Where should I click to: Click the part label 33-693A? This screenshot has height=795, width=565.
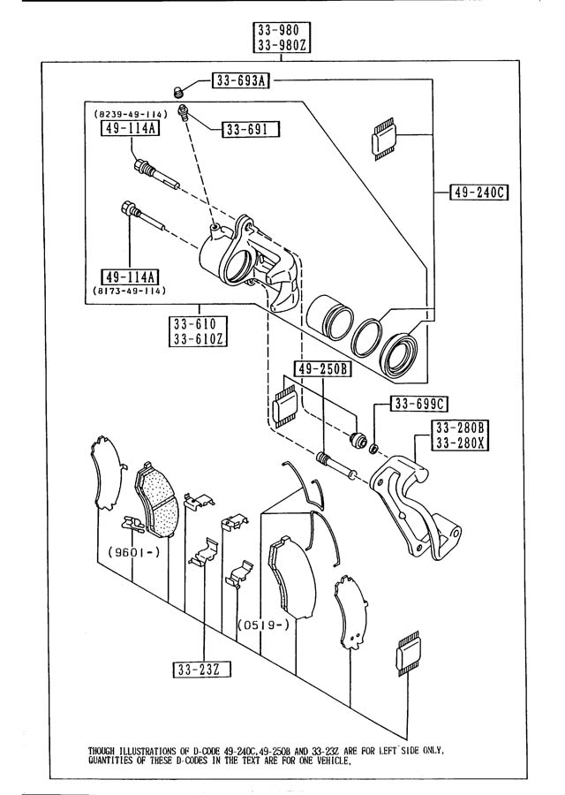pos(241,80)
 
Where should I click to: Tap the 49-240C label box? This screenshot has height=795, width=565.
pos(478,193)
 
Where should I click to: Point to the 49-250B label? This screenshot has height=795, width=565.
pos(322,368)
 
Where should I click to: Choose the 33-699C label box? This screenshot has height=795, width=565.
pos(418,404)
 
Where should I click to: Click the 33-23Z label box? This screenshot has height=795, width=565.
pos(201,670)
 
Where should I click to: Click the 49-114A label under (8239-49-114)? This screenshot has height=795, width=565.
pos(131,128)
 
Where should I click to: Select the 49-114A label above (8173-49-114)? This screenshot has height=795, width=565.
pos(131,277)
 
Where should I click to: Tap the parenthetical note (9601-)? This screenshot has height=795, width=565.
pos(133,552)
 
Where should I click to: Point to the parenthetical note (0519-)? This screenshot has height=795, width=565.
pos(263,625)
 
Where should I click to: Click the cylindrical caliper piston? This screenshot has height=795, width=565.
pos(329,317)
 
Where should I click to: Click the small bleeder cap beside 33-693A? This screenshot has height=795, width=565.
pos(177,92)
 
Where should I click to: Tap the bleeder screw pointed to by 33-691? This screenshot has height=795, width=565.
pos(184,112)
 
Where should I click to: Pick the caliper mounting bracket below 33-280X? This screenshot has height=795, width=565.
pos(416,507)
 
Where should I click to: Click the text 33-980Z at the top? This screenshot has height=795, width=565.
pos(282,45)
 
